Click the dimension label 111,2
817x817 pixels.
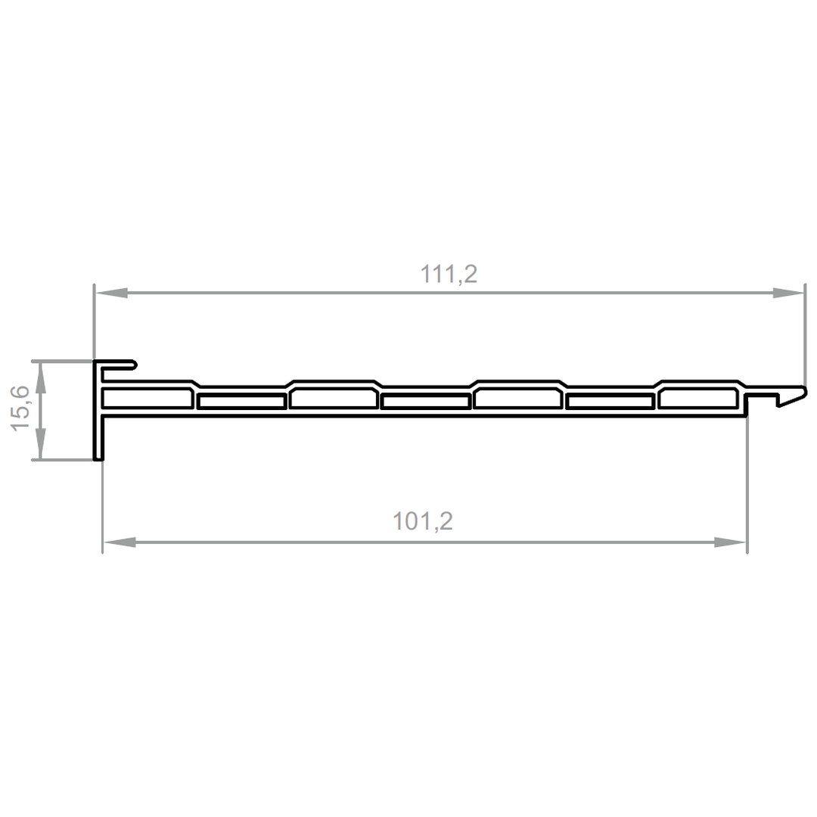tap(449, 274)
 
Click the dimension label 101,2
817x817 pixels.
tap(423, 521)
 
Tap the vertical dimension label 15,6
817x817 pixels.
tap(21, 408)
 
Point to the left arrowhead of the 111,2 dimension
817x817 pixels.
tap(111, 293)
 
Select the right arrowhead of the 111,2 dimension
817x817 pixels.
tap(788, 293)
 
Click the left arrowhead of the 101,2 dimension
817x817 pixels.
tap(120, 542)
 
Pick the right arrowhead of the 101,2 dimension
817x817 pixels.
tap(730, 542)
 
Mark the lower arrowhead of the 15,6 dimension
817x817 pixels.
tap(41, 443)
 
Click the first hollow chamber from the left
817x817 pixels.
tap(148, 399)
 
